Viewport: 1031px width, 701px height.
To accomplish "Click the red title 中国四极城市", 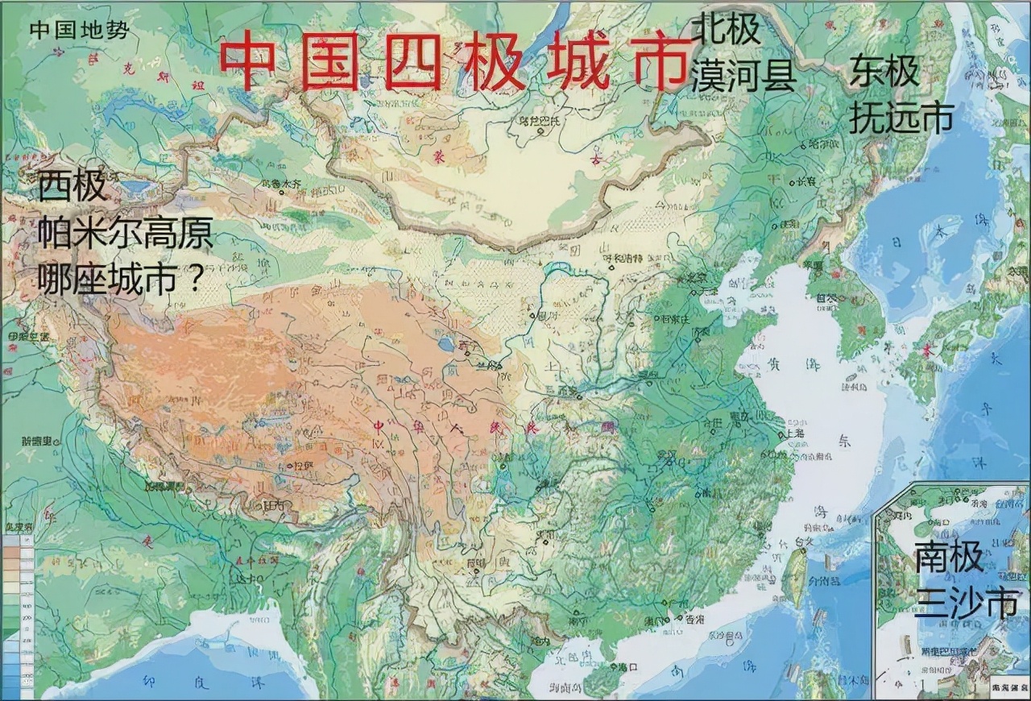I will click(x=449, y=63).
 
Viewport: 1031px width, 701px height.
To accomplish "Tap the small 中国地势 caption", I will click(x=79, y=30).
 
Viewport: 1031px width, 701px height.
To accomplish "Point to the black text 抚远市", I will click(x=901, y=117).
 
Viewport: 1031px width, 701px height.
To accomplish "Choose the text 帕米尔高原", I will click(x=126, y=233).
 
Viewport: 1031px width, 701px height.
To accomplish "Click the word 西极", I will click(x=72, y=187).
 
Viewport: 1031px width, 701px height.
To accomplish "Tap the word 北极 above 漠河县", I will click(x=726, y=30).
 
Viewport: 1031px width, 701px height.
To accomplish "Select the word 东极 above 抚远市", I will click(x=884, y=73).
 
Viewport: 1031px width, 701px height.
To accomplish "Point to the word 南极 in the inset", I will click(x=949, y=558).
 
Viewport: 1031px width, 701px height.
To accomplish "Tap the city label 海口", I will click(x=627, y=666).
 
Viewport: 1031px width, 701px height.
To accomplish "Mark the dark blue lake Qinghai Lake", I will click(x=445, y=345).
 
